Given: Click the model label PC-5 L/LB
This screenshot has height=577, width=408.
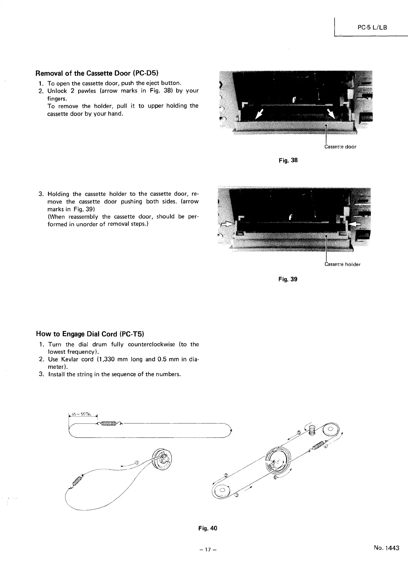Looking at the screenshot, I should pos(372,27).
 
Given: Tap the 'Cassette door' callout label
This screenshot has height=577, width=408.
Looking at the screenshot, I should pos(340,147).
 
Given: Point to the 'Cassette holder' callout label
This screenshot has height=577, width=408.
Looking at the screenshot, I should pos(342,264).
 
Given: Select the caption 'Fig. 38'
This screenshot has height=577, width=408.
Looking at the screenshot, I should pos(288,160).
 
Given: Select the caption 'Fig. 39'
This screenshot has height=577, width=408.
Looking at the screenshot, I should pos(288,279).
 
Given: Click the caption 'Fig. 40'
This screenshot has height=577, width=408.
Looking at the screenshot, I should pos(208,528).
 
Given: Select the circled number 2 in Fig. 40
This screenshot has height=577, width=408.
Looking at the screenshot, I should pos(226,475).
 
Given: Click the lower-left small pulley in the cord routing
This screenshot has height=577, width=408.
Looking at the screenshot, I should pos(222,490).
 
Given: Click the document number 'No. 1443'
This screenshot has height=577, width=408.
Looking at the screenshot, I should pos(387,548).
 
